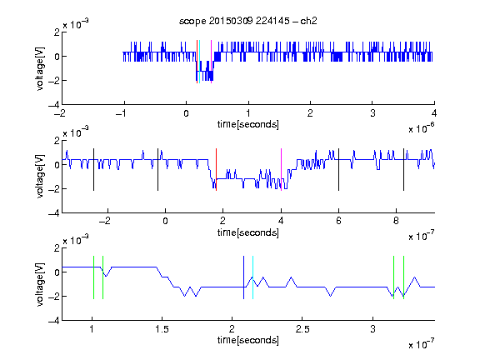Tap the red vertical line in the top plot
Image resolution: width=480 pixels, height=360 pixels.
click(x=197, y=62)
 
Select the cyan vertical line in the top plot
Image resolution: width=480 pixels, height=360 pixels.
click(x=200, y=62)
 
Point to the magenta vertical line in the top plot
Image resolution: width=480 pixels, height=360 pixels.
click(x=211, y=62)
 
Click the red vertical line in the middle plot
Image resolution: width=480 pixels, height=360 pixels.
click(x=216, y=170)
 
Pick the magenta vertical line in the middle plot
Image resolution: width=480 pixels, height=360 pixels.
click(x=282, y=170)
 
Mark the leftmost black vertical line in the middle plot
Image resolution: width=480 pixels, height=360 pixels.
click(x=93, y=170)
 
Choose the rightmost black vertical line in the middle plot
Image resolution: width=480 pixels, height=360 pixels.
click(x=403, y=170)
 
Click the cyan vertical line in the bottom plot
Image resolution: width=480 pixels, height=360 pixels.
click(x=252, y=277)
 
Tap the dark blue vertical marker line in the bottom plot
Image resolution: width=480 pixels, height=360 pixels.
click(x=243, y=277)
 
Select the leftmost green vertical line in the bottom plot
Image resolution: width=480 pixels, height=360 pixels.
click(x=93, y=277)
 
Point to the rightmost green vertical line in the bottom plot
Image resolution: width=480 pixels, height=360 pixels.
click(x=404, y=277)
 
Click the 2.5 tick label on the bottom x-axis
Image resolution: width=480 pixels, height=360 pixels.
click(x=302, y=329)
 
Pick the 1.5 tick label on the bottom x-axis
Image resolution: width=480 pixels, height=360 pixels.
click(x=162, y=329)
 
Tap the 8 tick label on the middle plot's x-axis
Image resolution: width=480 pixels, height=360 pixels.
click(x=396, y=221)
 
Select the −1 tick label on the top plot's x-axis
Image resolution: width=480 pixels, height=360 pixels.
click(x=122, y=113)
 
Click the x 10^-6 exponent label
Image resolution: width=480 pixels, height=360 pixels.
click(x=422, y=128)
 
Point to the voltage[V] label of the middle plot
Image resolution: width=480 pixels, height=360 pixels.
click(x=40, y=176)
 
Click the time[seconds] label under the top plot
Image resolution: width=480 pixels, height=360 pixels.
click(x=248, y=124)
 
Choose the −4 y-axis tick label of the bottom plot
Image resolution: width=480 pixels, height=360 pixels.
click(x=54, y=320)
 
